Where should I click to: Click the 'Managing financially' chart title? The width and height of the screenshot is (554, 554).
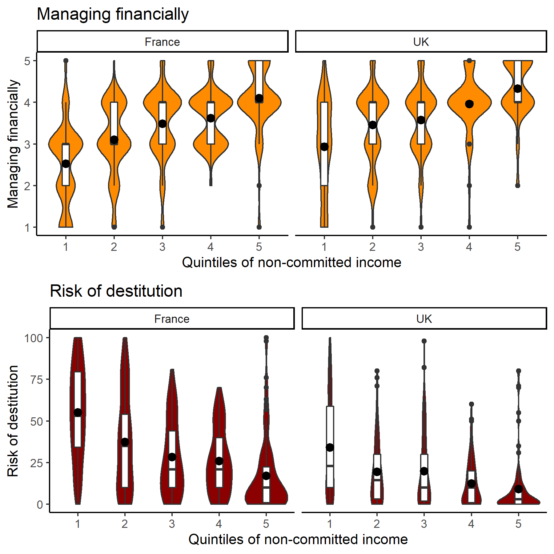(113, 14)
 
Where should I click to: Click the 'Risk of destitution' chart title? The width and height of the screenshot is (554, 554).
(116, 291)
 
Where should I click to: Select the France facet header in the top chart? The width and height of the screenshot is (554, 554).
(163, 42)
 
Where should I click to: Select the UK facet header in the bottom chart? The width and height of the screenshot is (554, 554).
(424, 319)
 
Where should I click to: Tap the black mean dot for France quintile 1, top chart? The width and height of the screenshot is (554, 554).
(66, 163)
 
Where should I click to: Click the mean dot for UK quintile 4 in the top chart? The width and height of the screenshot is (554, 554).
(469, 104)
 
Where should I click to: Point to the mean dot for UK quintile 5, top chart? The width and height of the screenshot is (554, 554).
(518, 89)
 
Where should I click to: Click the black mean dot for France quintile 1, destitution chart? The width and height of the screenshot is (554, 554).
(78, 412)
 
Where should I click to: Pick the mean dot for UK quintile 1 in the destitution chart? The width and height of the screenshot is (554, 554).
(330, 448)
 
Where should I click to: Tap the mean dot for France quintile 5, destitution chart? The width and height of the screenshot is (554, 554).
(266, 476)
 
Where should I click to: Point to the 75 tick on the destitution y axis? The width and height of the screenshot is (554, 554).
(36, 380)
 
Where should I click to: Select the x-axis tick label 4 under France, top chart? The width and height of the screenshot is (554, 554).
(211, 247)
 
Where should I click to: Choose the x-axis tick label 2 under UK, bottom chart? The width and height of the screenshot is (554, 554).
(377, 524)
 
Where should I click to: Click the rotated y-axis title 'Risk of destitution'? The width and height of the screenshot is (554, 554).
(13, 421)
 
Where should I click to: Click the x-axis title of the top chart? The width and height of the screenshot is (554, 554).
(291, 263)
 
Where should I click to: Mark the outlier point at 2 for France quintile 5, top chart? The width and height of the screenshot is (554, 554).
(259, 186)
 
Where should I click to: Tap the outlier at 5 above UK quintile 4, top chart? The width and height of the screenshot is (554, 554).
(469, 61)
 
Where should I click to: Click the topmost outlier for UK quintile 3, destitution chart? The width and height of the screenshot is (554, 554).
(424, 341)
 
